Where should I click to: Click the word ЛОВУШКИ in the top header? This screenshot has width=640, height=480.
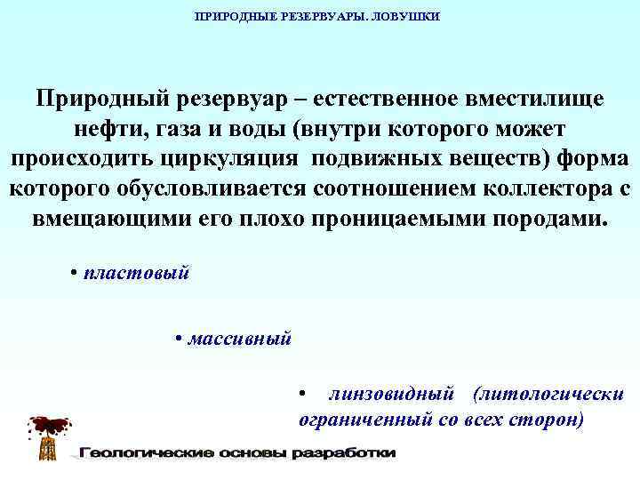pos(412,17)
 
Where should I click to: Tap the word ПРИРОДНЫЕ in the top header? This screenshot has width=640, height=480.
pos(233,17)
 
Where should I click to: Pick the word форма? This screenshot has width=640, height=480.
pos(590,160)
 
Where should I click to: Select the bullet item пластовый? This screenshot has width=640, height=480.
pos(135,274)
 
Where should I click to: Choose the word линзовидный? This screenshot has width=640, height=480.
pos(392,393)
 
